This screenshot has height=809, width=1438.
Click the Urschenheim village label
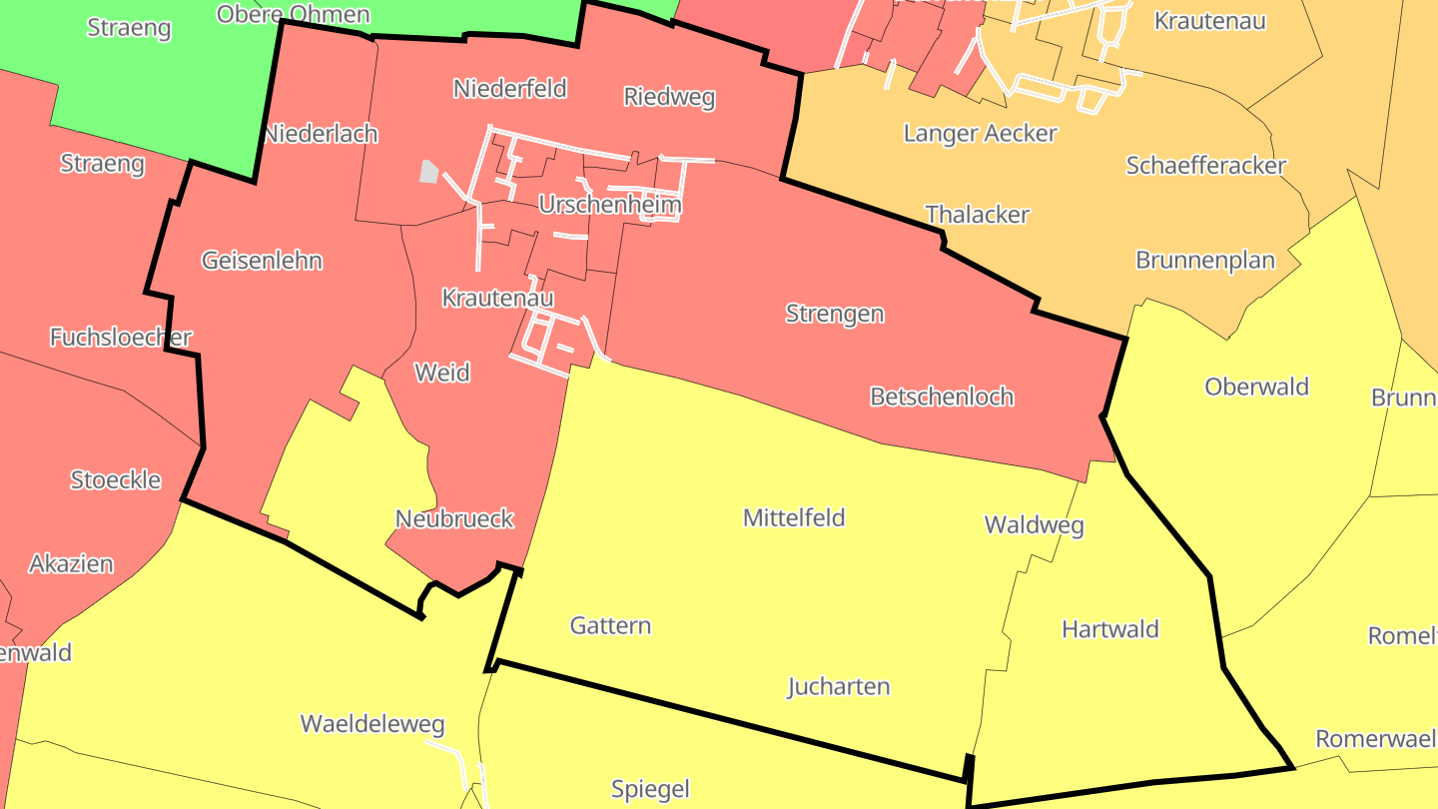point(609,206)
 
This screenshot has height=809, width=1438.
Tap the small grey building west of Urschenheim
point(428,172)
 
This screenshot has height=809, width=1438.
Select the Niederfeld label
point(509,89)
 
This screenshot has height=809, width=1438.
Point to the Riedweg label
point(669,97)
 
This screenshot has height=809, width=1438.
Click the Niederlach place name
point(321,134)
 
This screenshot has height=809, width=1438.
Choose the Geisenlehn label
point(262,261)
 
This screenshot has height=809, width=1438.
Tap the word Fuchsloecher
point(121,338)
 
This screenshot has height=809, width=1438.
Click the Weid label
point(441,373)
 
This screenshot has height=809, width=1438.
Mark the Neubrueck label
point(454,519)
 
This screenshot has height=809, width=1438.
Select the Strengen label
point(834,314)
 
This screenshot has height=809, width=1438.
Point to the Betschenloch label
point(942,397)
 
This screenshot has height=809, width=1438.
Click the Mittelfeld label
point(794,517)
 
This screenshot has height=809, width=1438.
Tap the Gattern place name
point(610,626)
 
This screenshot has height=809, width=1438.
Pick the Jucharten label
point(838,687)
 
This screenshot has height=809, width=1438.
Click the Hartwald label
point(1109,629)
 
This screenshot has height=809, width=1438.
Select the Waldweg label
point(1034,525)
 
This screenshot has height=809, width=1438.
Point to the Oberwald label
point(1256,388)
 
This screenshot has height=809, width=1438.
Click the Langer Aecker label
point(980,133)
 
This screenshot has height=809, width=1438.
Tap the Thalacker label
point(977,215)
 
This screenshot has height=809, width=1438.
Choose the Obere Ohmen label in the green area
point(293,14)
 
